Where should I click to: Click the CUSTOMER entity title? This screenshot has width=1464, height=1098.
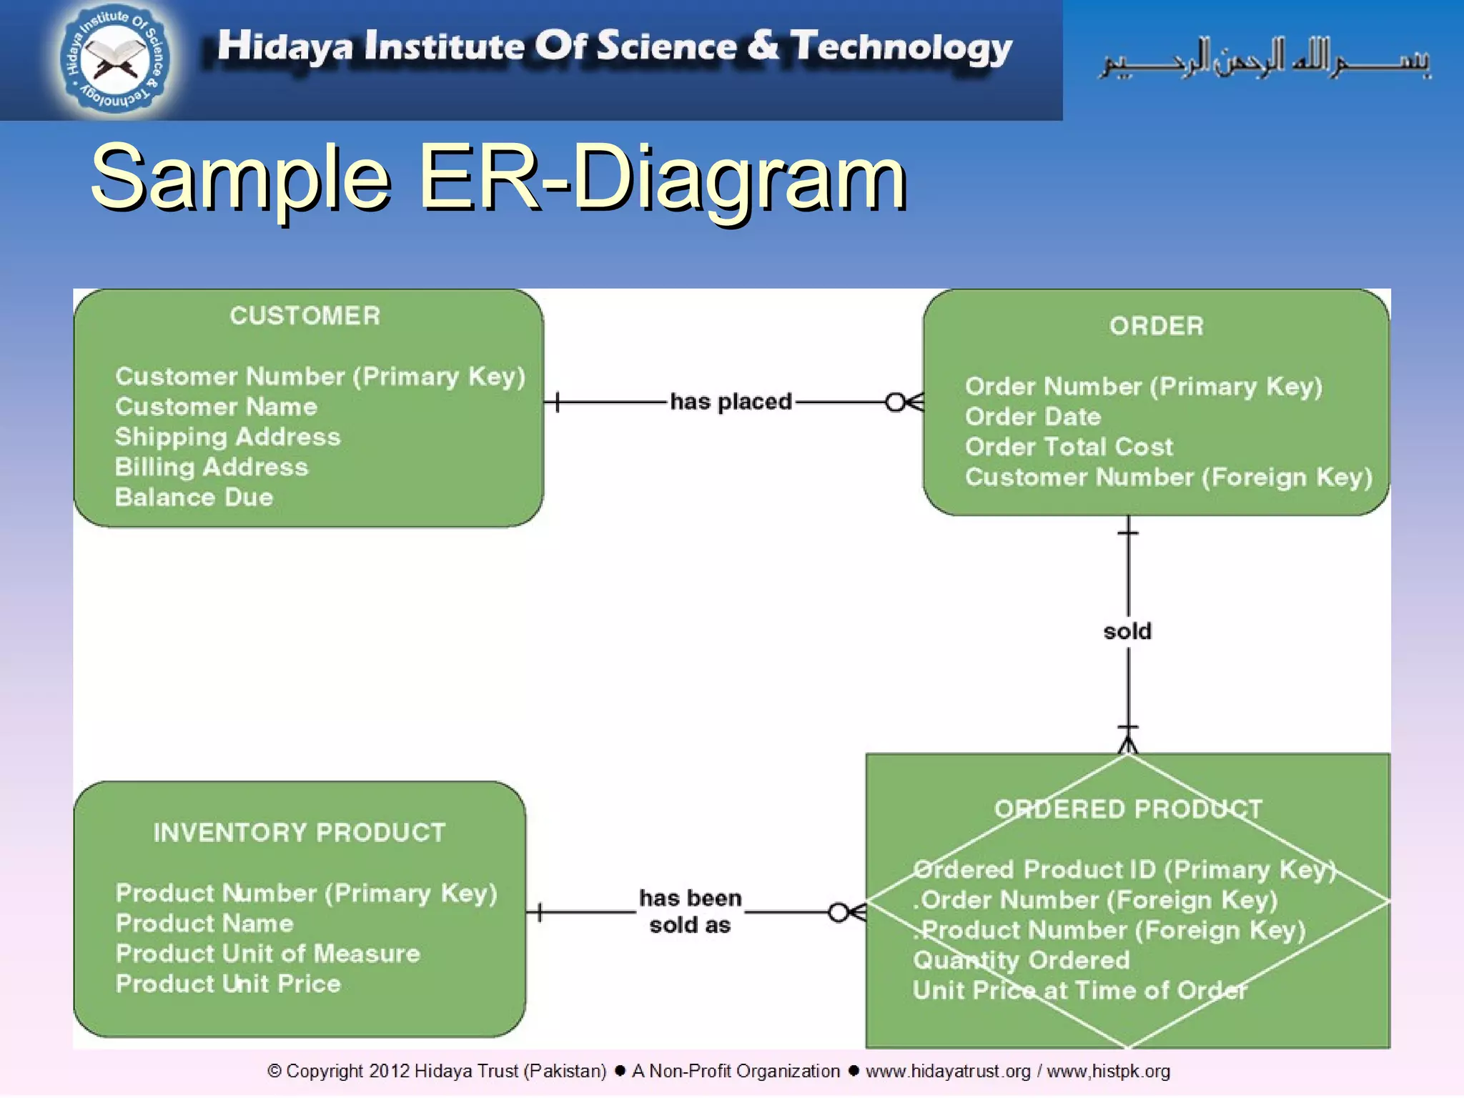pos(305,316)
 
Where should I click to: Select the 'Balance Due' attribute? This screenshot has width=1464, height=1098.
pos(194,498)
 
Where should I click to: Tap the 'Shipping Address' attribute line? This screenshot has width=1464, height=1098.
pos(227,437)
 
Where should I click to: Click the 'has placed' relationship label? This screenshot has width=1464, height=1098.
pos(731,402)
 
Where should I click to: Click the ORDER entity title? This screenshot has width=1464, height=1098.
pos(1156,326)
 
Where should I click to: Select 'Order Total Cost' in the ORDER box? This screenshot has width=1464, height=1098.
pos(1069,447)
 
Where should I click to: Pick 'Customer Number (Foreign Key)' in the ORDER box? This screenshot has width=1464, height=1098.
pos(1168,477)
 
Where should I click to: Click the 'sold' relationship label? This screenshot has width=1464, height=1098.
pos(1127,631)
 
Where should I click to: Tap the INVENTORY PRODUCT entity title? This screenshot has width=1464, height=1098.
pos(300,833)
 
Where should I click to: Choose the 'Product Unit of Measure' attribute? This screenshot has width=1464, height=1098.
pos(268,954)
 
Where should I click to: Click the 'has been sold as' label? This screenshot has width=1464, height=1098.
pos(690,911)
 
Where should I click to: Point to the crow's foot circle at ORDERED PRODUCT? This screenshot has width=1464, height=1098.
pos(839,913)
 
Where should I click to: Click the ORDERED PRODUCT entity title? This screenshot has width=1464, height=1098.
pos(1128,809)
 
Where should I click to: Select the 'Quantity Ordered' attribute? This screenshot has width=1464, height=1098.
pos(1021,960)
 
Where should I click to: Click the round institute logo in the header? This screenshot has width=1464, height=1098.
pos(114,59)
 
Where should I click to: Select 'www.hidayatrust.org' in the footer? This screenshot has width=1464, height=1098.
pos(948,1072)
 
